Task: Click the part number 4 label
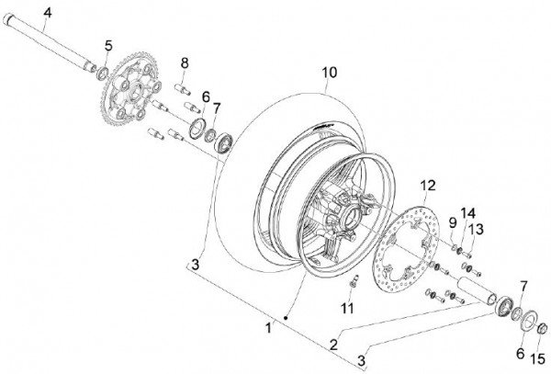48,13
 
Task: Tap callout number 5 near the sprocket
108,46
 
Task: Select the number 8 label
185,63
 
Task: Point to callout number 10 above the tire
330,73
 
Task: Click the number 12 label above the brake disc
428,186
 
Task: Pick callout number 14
468,213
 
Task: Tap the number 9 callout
453,222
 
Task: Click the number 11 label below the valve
347,308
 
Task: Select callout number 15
537,359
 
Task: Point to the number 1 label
268,328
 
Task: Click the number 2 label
334,345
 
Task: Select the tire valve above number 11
354,280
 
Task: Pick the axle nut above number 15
542,328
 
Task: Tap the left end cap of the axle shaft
7,18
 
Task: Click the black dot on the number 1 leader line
286,318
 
